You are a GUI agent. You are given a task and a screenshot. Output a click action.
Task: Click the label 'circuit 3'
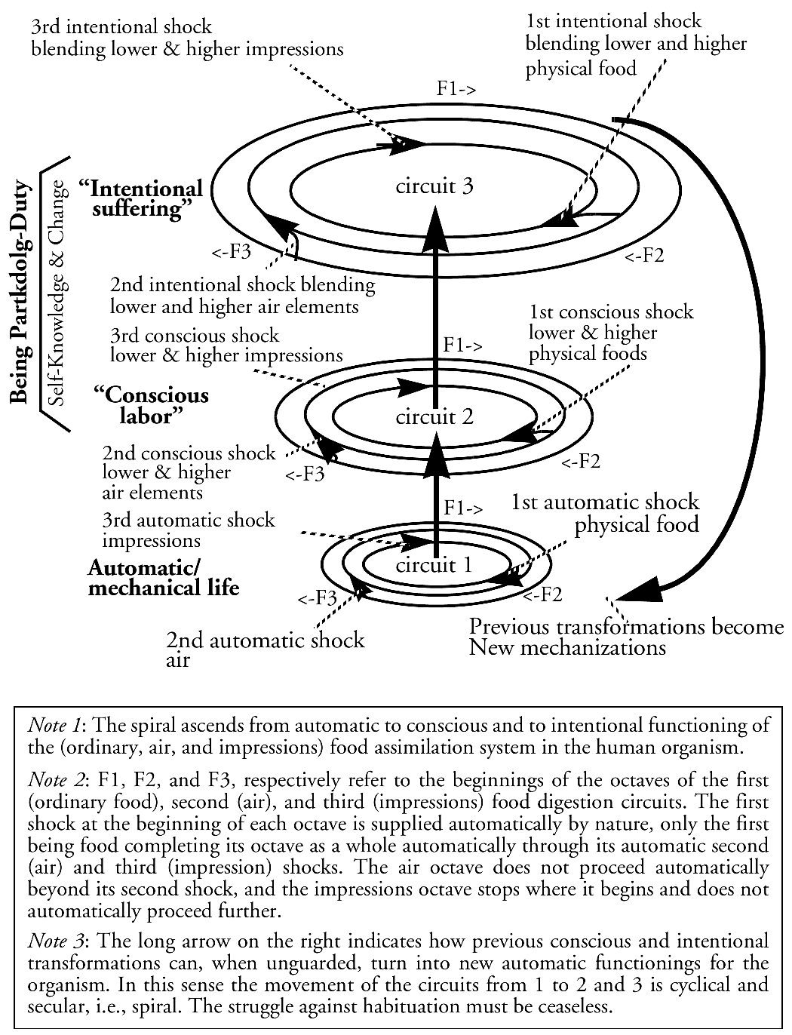434,186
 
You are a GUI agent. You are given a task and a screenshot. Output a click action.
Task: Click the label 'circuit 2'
434,416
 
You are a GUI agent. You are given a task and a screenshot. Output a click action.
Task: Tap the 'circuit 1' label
434,565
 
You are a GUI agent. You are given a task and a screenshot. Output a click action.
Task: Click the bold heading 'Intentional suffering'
140,198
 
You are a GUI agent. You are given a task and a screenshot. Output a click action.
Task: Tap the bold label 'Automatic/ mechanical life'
163,577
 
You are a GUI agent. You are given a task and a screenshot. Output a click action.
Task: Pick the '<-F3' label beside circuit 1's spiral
316,600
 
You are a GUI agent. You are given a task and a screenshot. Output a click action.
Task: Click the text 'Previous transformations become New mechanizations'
626,637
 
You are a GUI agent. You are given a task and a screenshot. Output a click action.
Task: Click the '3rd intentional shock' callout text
186,37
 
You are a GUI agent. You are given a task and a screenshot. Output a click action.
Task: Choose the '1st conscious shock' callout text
610,332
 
